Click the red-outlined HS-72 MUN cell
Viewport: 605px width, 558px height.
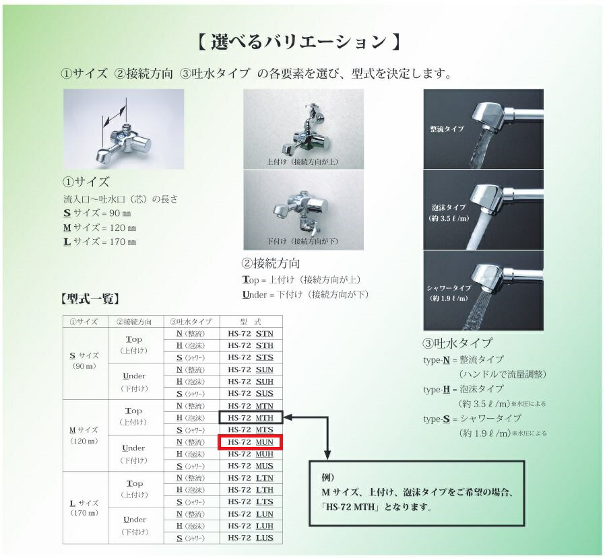(x=251, y=442)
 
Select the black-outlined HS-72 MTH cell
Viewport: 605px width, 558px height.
(x=251, y=418)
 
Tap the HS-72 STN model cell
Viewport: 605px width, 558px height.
(x=251, y=334)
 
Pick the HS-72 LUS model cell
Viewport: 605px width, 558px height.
(x=251, y=538)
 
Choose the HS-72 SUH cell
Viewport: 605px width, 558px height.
(x=251, y=382)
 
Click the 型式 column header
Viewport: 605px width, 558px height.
(x=251, y=322)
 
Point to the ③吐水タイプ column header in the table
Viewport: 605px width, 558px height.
(x=191, y=322)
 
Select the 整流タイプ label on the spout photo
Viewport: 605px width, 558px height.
(x=447, y=128)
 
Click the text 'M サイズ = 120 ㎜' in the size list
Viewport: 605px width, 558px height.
(x=99, y=228)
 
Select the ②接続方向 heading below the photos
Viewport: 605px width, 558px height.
(x=271, y=263)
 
